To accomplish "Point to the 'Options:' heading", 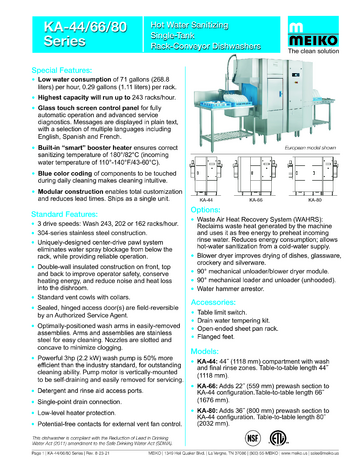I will point(206,211).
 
